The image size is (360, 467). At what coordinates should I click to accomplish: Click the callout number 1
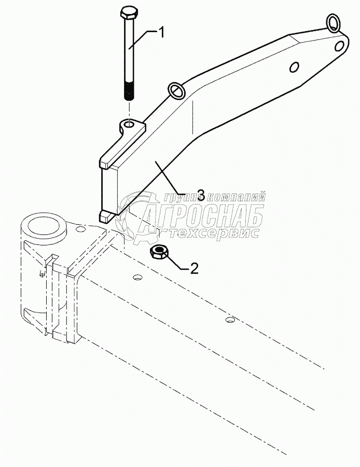point(161,33)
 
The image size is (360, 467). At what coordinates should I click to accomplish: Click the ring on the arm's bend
point(176,91)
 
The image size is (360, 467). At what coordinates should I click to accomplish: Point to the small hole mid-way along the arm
point(294,67)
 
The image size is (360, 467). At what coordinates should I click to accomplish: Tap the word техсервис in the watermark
point(217,233)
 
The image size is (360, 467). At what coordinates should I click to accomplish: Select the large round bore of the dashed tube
point(45,226)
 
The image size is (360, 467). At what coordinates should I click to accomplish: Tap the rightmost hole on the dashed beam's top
point(229,319)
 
